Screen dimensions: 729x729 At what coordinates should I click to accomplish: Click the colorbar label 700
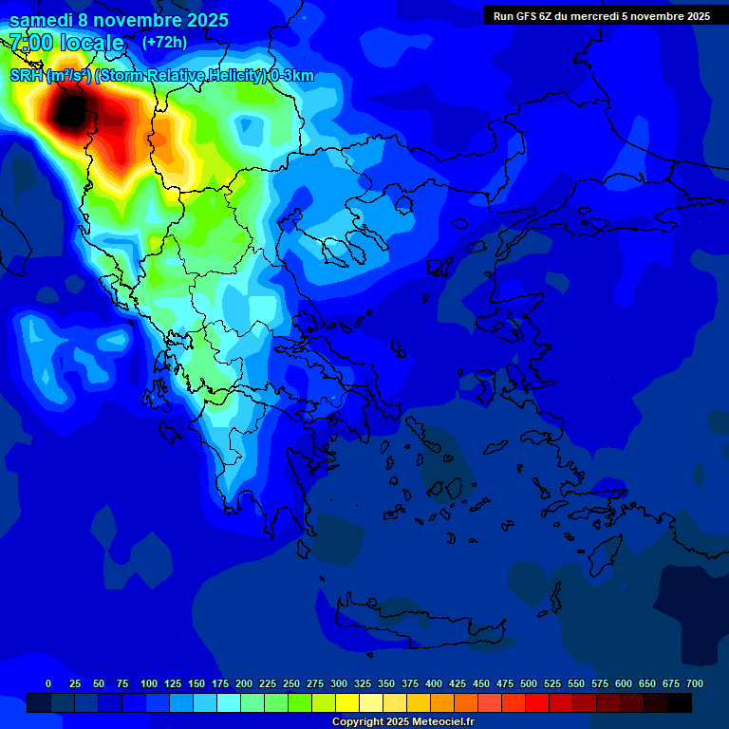tap(695, 683)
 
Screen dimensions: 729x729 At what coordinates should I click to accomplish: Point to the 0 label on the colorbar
tap(48, 683)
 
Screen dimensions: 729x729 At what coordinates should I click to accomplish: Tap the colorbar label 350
tap(386, 683)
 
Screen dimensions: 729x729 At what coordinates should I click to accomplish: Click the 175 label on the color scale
tap(220, 683)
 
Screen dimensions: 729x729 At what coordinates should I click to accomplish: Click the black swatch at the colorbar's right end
tap(680, 702)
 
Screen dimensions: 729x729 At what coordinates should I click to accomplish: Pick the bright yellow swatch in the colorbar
tap(347, 702)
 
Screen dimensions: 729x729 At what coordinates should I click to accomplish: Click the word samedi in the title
tap(41, 20)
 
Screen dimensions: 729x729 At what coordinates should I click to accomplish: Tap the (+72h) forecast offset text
tap(164, 42)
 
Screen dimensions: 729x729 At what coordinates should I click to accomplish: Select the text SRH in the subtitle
tap(26, 76)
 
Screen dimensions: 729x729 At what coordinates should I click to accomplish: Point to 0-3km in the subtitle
tap(291, 76)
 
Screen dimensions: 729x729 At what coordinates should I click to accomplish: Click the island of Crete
tap(418, 622)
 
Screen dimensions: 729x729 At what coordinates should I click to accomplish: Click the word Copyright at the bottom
tap(358, 722)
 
